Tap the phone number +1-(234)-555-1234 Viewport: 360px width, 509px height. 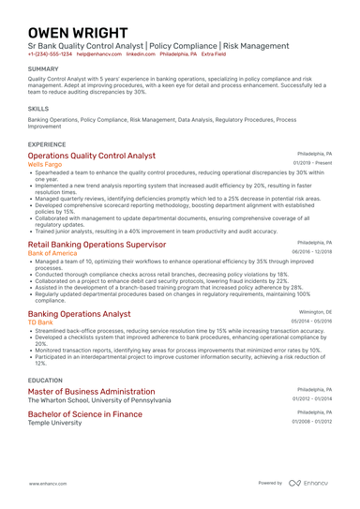[x=50, y=54]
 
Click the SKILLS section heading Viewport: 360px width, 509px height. [x=39, y=108]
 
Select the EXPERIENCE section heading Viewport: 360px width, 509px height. [x=47, y=144]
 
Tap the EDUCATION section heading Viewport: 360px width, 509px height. [x=46, y=380]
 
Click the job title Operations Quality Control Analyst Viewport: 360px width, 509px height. [x=92, y=156]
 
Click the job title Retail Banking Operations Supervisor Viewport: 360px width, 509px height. [x=97, y=244]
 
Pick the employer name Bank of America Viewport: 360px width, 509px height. [x=52, y=253]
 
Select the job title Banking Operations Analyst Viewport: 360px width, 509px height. [x=80, y=314]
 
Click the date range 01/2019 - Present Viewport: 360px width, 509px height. [x=312, y=163]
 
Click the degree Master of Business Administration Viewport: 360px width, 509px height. [x=91, y=390]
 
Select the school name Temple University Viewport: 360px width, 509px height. [x=54, y=423]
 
